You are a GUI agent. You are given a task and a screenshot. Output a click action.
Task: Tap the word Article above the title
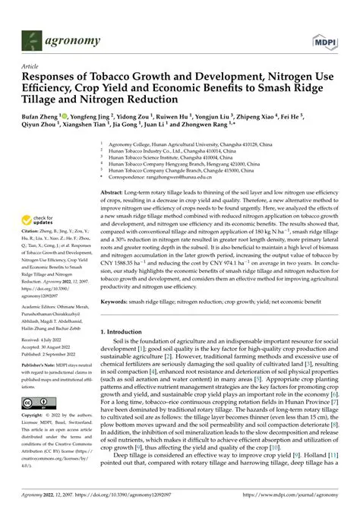tap(30, 68)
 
